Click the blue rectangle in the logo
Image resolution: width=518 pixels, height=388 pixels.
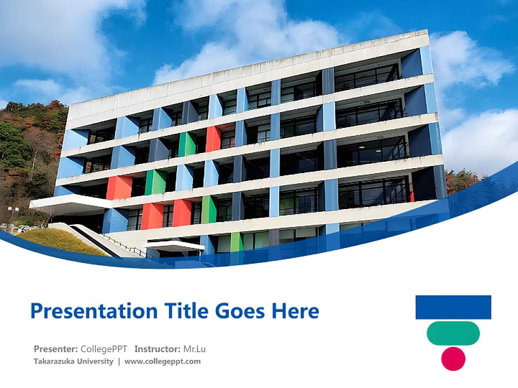point(453,307)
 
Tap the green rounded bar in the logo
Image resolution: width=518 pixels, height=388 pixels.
point(453,333)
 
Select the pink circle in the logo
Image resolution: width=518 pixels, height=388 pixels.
point(453,359)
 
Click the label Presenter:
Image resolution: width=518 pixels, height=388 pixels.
point(56,349)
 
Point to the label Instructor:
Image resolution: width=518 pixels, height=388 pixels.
point(158,349)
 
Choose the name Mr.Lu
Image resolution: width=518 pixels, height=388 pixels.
point(195,349)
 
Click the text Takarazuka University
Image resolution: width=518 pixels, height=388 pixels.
point(73,362)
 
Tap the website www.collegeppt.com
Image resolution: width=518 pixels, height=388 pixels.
point(162,362)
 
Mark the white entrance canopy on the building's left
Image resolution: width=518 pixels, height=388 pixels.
point(70,204)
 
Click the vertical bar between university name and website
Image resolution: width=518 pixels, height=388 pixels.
point(119,362)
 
